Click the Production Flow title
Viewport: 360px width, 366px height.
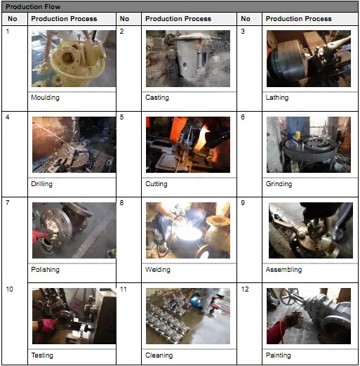pos(33,7)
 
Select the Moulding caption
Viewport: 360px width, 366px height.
pos(46,98)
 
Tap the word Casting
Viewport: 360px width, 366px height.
pos(157,98)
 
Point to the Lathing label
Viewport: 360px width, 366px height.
pos(277,98)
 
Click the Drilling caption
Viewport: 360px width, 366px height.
pos(42,184)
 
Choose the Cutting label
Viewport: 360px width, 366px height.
pos(156,184)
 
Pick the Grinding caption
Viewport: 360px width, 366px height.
pos(279,184)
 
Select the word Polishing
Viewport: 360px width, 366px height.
pos(46,270)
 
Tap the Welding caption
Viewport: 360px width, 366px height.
pos(158,270)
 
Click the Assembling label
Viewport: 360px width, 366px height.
pos(284,270)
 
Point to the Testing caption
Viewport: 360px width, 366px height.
pos(42,355)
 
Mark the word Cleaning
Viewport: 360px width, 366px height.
pos(159,355)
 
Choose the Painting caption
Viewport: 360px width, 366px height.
pos(279,355)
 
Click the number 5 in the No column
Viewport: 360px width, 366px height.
pos(121,117)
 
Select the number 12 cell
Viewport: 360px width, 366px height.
pos(245,289)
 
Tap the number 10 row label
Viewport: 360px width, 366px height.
pos(10,289)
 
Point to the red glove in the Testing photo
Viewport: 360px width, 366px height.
pos(45,326)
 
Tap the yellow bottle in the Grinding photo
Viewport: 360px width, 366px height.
pos(298,136)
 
